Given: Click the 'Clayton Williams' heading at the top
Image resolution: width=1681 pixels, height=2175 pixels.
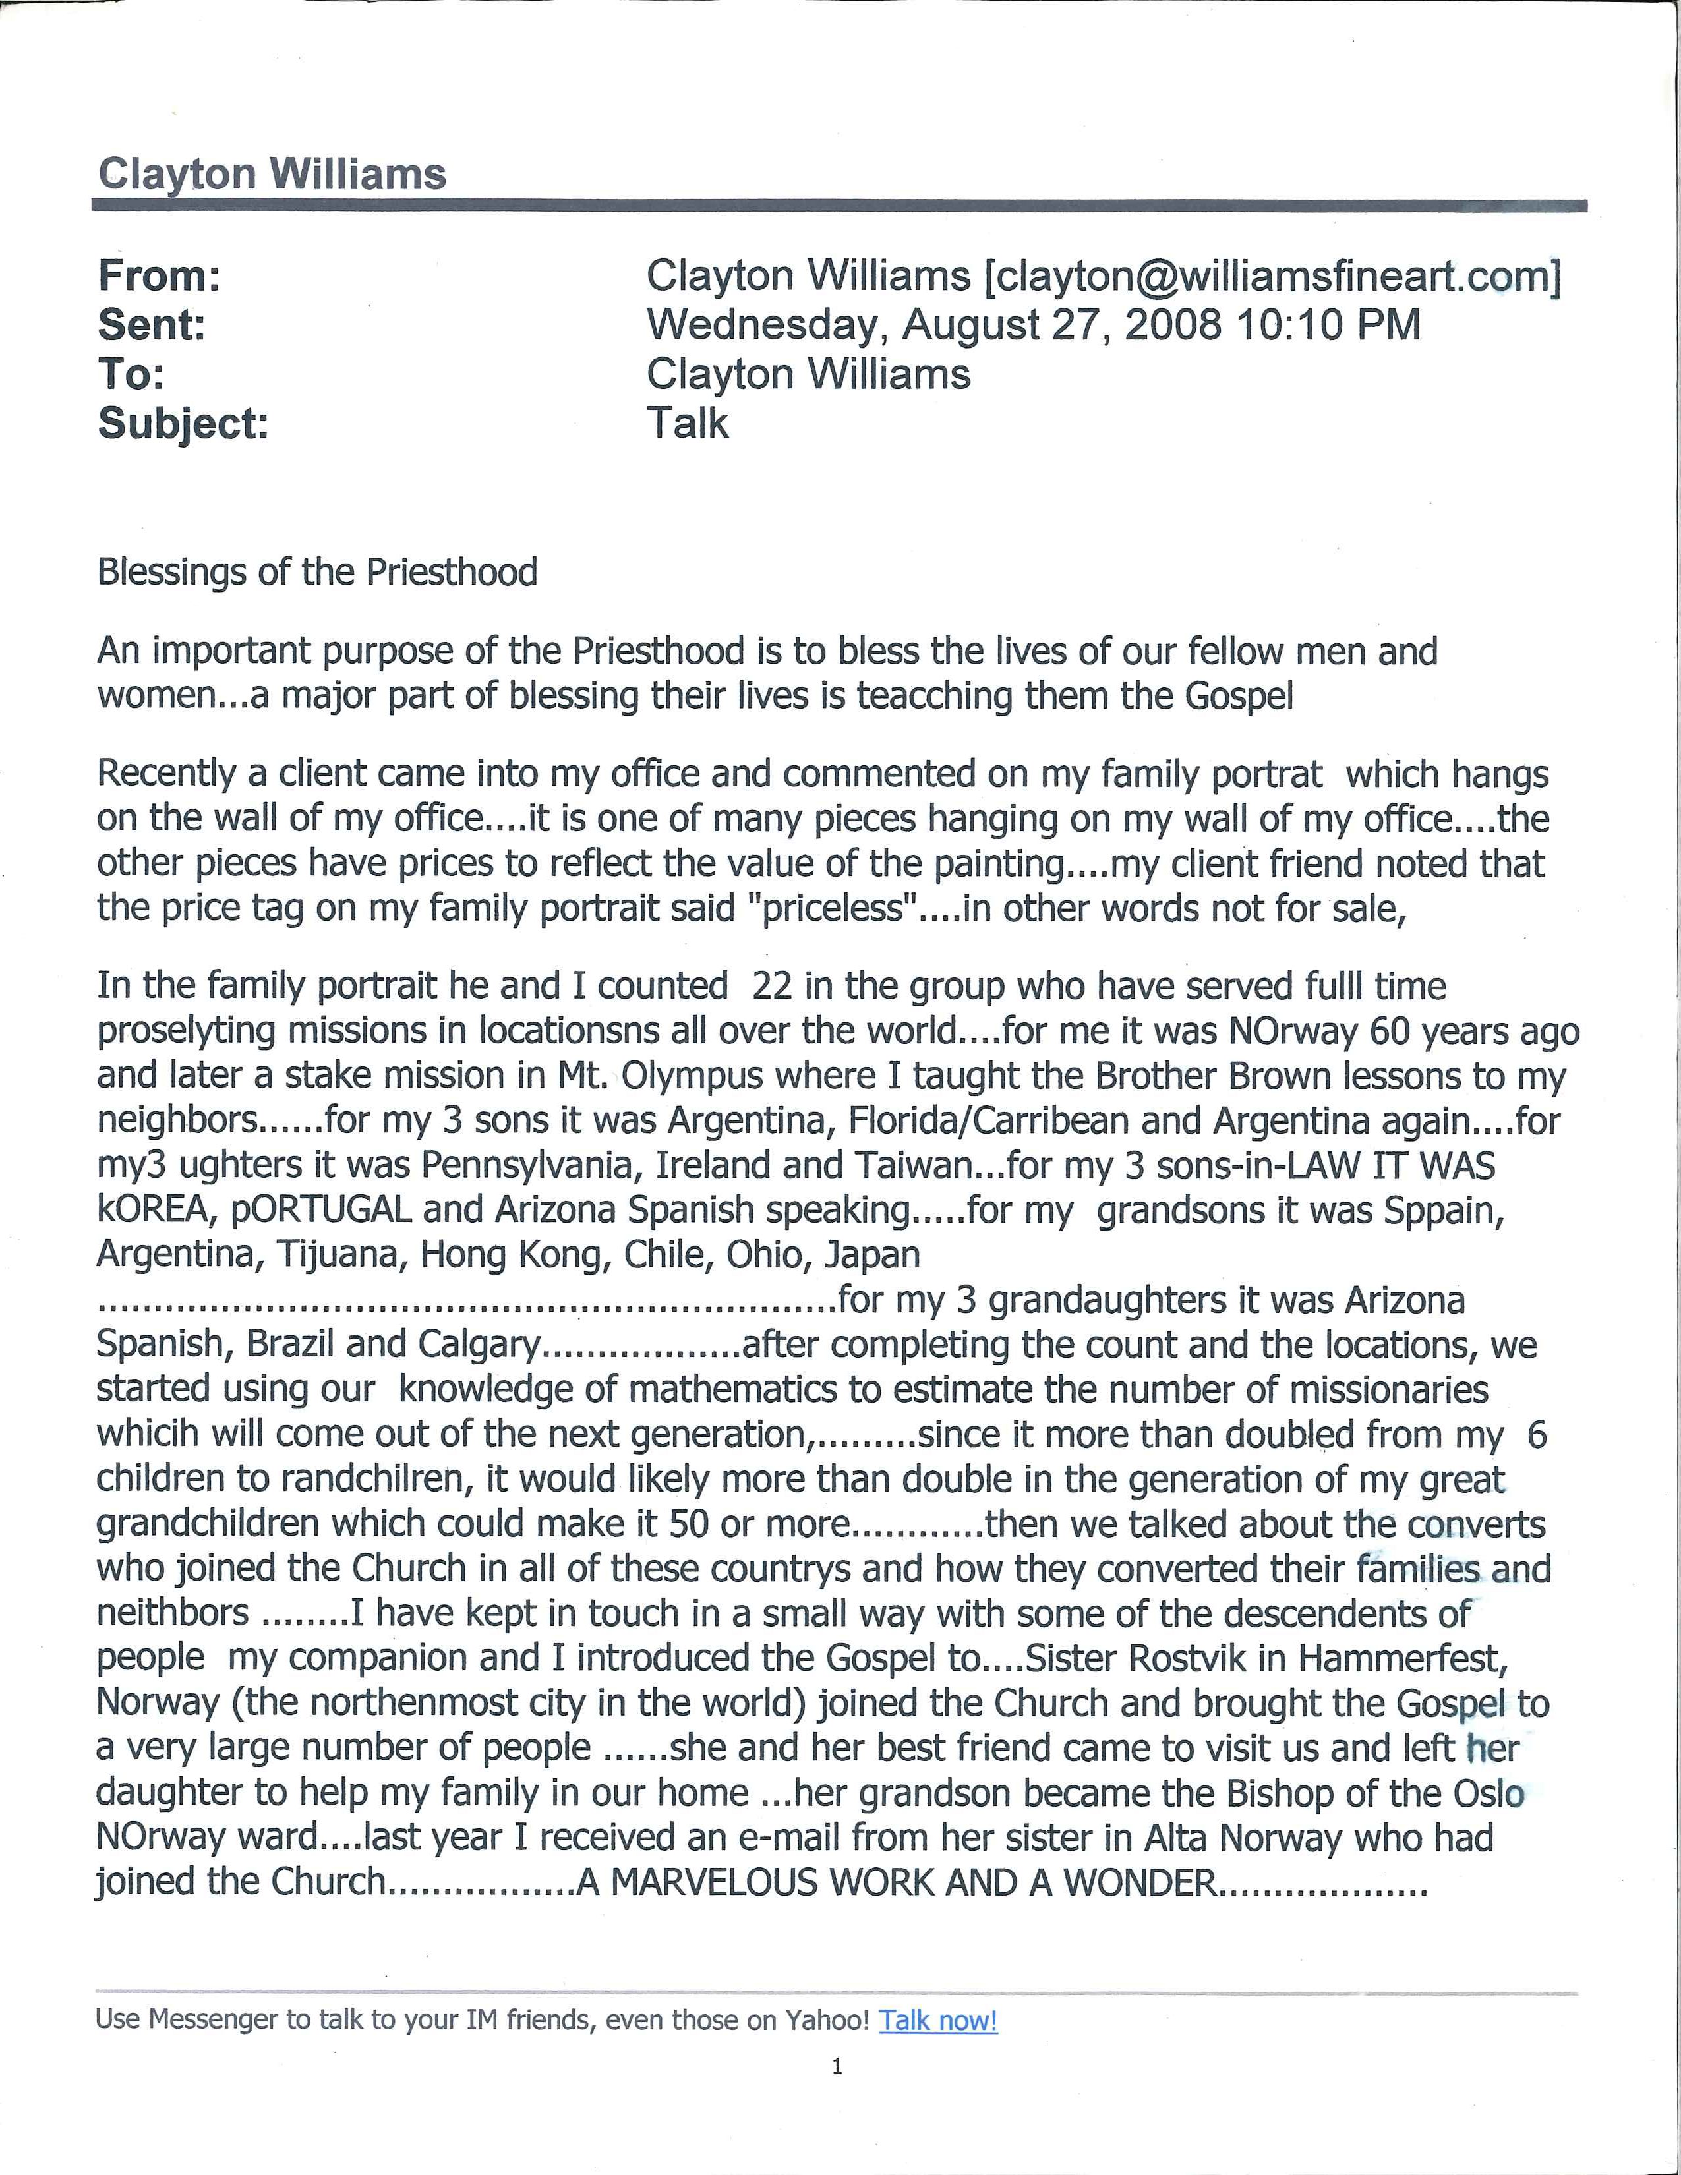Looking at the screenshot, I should click(x=271, y=174).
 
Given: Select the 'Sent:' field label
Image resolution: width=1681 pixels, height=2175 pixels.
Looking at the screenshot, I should click(x=152, y=325).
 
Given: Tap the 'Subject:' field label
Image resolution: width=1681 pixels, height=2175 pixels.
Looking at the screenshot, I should click(x=183, y=424).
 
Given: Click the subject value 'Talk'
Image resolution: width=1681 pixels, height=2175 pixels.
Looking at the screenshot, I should click(x=687, y=423).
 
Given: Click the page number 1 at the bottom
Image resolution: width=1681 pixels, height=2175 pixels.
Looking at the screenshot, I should click(x=837, y=2066).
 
